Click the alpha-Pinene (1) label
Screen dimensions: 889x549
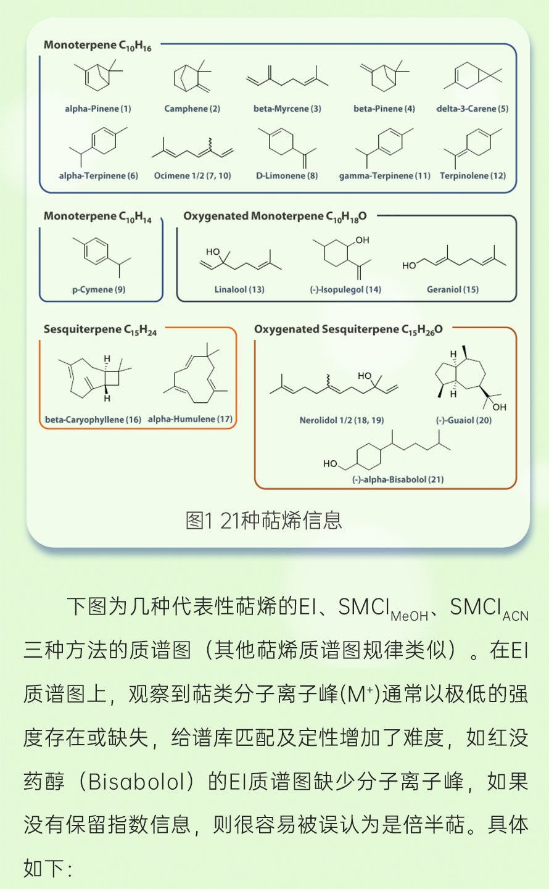(98, 109)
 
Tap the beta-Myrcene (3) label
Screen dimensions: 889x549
(287, 109)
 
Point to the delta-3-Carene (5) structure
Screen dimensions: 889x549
(473, 77)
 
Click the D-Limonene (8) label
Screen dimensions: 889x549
(287, 176)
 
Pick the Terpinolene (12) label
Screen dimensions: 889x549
(473, 176)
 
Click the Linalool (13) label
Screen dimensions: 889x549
(239, 289)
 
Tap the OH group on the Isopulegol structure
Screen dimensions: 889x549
(362, 240)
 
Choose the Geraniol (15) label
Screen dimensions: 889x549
(453, 289)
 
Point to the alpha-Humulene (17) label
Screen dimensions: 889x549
(191, 420)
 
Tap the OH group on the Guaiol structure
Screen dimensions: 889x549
(498, 407)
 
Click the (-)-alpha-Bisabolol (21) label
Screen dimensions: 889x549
(398, 479)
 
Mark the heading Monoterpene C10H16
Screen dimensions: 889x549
(97, 45)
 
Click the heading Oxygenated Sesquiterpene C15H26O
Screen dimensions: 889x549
(349, 329)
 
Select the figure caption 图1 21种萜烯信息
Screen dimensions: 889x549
(264, 520)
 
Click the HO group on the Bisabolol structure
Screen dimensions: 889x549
(331, 463)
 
